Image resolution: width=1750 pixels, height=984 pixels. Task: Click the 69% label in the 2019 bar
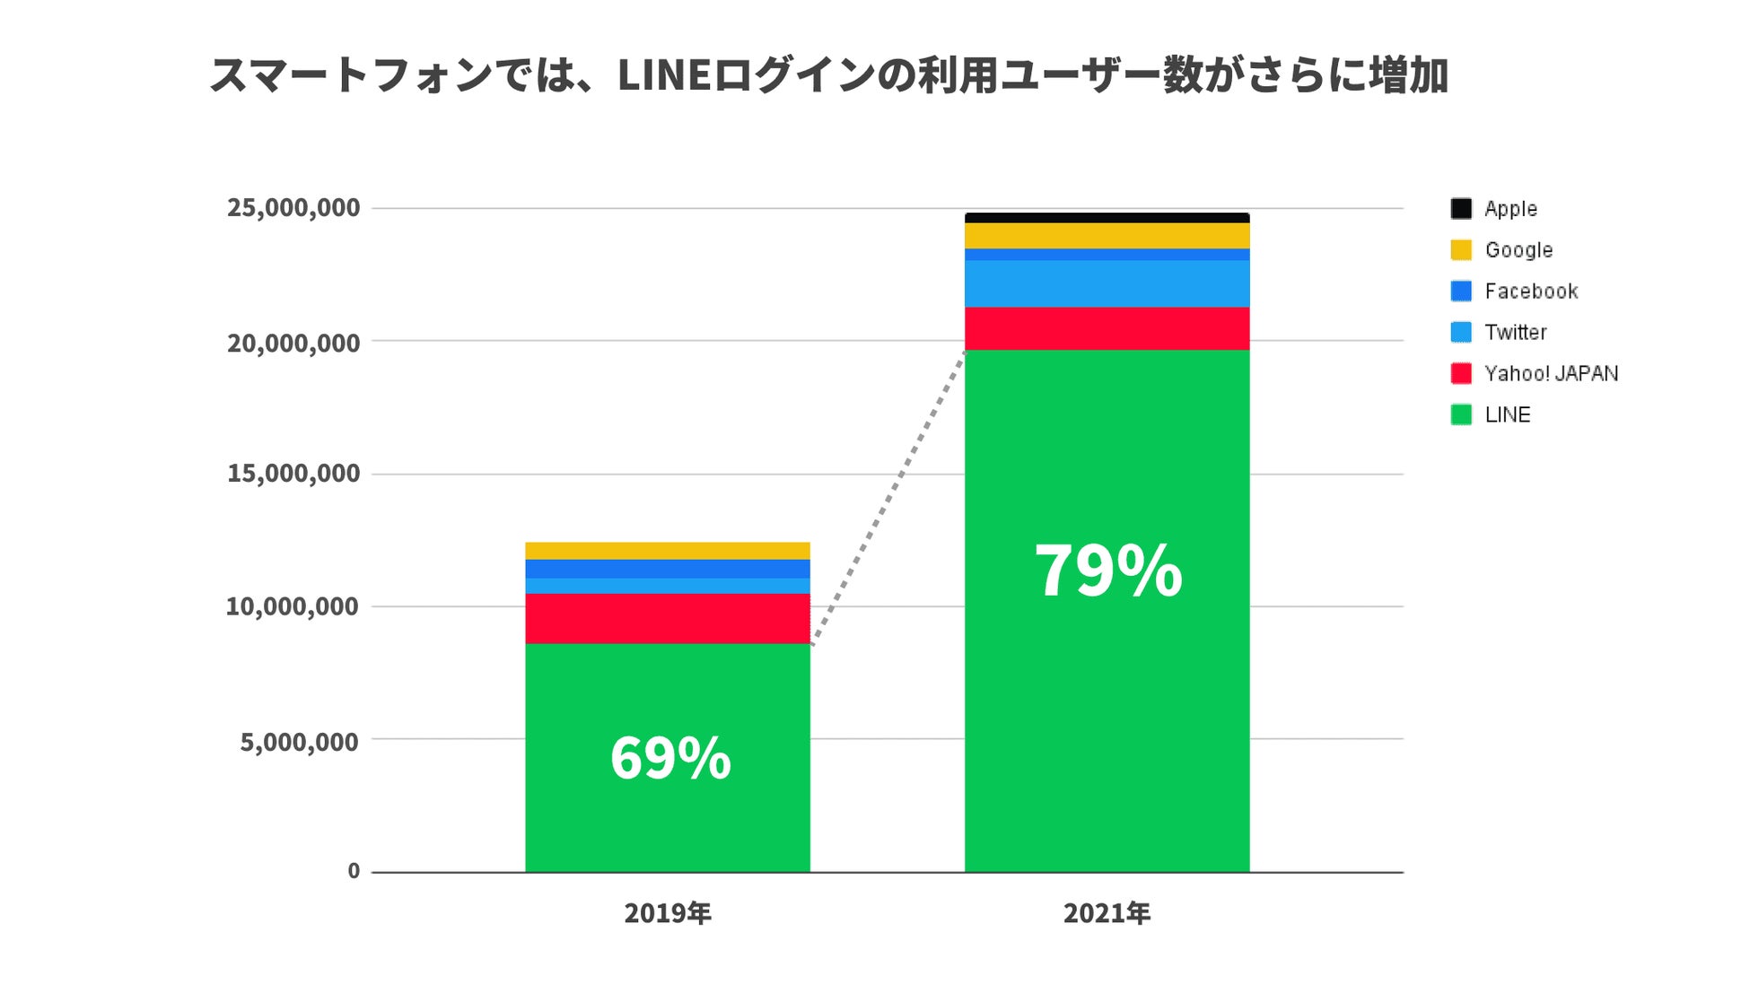pos(670,759)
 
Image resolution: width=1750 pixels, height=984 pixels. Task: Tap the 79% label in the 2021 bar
pos(1108,570)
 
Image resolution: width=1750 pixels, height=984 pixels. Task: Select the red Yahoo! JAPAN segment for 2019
pos(667,618)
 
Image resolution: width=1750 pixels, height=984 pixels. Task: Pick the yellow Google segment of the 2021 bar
pos(1107,235)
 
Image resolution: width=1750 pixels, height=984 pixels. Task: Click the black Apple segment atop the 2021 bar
pos(1107,218)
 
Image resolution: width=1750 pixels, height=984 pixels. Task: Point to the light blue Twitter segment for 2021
pos(1107,283)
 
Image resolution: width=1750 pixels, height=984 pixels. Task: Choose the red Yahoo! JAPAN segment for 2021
pos(1107,328)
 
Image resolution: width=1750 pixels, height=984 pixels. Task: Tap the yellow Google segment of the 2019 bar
pos(667,551)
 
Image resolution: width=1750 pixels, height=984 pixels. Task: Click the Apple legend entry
pos(1510,209)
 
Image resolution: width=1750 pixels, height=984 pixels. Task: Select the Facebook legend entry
pos(1530,292)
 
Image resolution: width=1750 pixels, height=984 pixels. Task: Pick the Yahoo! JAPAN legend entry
pos(1550,374)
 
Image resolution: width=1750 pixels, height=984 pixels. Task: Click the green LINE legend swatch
pos(1461,414)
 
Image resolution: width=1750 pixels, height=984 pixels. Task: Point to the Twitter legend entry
pos(1515,333)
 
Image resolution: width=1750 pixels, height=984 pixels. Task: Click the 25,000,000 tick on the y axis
pos(293,208)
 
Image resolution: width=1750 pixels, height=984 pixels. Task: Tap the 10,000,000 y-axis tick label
pos(293,607)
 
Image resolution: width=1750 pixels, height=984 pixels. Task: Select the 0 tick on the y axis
pos(354,871)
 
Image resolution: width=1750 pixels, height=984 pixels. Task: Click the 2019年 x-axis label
pos(668,914)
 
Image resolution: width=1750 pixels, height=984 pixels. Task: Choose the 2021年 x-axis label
pos(1107,914)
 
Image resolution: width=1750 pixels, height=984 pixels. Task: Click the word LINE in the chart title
pos(664,76)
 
